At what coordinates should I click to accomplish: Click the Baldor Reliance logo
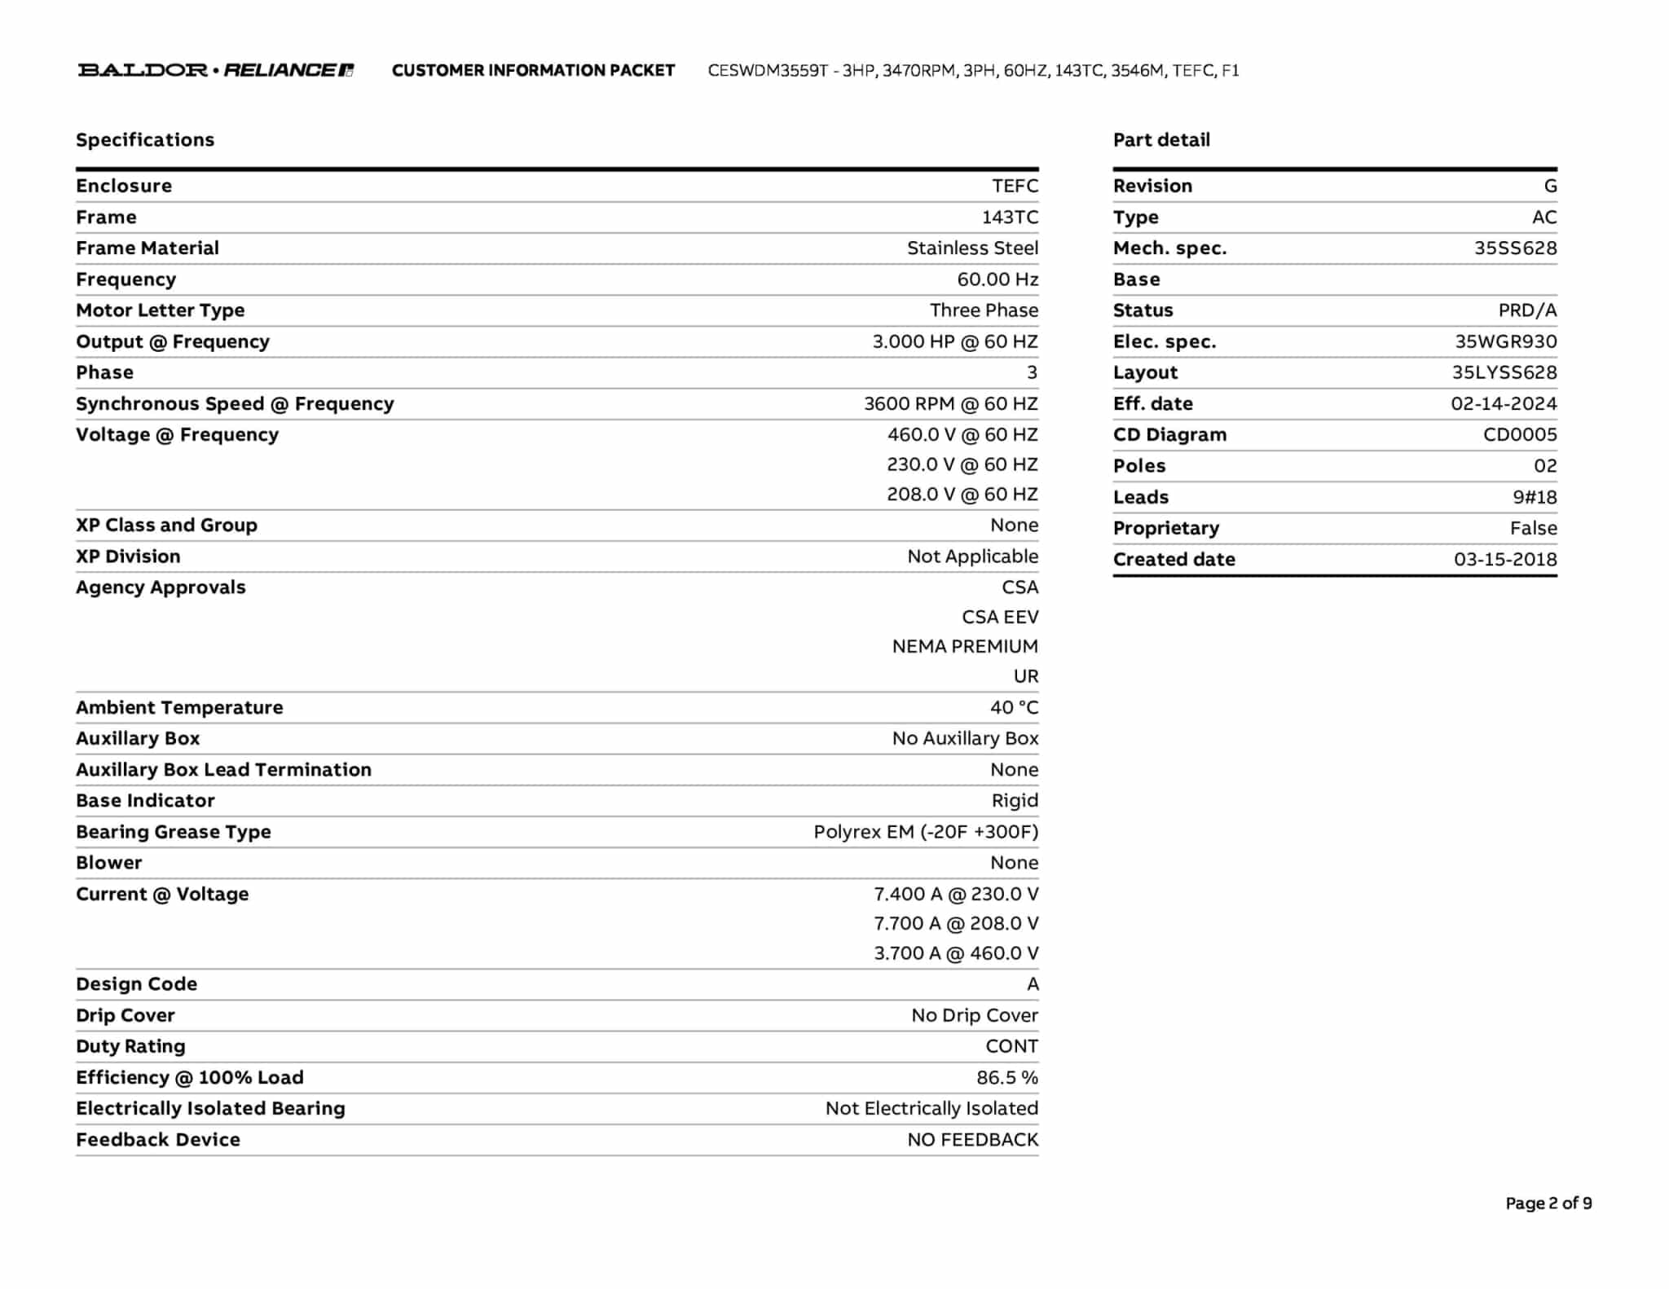tap(215, 70)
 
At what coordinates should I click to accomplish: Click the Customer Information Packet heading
tap(533, 71)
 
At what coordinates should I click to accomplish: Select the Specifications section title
tap(145, 140)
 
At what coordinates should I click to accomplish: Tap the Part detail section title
tap(1161, 140)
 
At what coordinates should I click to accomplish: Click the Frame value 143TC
tap(1010, 218)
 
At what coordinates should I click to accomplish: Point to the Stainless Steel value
tap(972, 249)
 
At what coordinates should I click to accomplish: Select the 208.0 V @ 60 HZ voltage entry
tap(962, 495)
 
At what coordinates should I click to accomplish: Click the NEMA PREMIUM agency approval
tap(965, 647)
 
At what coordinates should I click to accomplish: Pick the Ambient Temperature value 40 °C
tap(1014, 708)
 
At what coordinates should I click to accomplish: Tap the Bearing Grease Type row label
tap(174, 832)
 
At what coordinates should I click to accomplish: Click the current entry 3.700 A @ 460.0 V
tap(956, 953)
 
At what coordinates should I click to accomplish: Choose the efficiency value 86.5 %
tap(1007, 1078)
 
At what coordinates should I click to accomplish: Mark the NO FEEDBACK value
tap(972, 1140)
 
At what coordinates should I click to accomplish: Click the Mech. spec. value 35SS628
tap(1515, 249)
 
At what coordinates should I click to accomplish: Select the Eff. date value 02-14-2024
tap(1504, 404)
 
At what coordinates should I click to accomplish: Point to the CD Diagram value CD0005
tap(1519, 435)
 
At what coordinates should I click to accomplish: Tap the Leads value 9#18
tap(1535, 497)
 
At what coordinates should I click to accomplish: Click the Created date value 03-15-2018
tap(1505, 560)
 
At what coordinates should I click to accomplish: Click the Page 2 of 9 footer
tap(1548, 1203)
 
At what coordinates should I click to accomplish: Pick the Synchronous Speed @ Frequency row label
tap(235, 404)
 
